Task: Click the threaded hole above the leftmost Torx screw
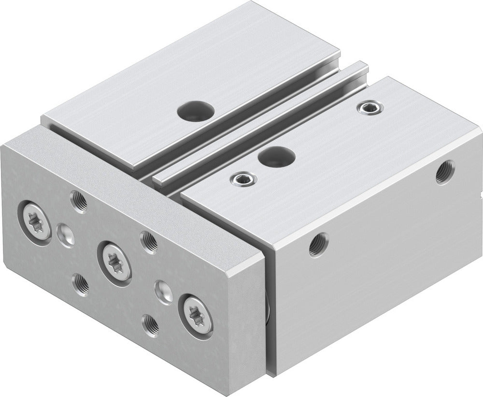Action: click(x=78, y=200)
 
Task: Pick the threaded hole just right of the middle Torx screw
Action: click(x=148, y=241)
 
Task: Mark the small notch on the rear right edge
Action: click(x=480, y=196)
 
